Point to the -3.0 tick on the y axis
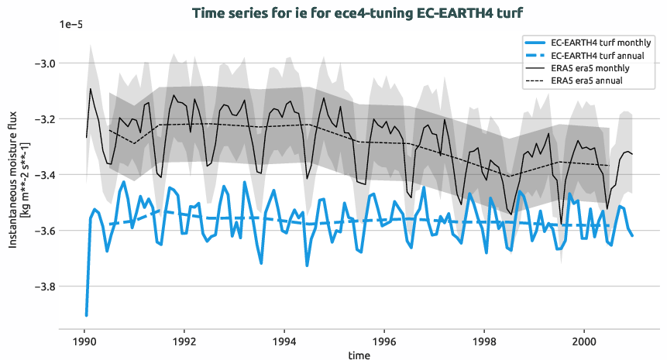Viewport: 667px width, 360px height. (x=40, y=63)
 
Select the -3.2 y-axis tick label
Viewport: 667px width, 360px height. (x=40, y=118)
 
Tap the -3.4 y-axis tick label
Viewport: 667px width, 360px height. (x=40, y=175)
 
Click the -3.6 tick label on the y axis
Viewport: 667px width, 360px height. (x=40, y=231)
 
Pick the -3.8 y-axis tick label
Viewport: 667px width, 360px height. (x=40, y=286)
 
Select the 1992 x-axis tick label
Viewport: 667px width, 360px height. (x=184, y=341)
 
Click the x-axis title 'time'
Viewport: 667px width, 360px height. (x=359, y=355)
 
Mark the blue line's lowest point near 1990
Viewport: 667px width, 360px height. (x=86, y=315)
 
